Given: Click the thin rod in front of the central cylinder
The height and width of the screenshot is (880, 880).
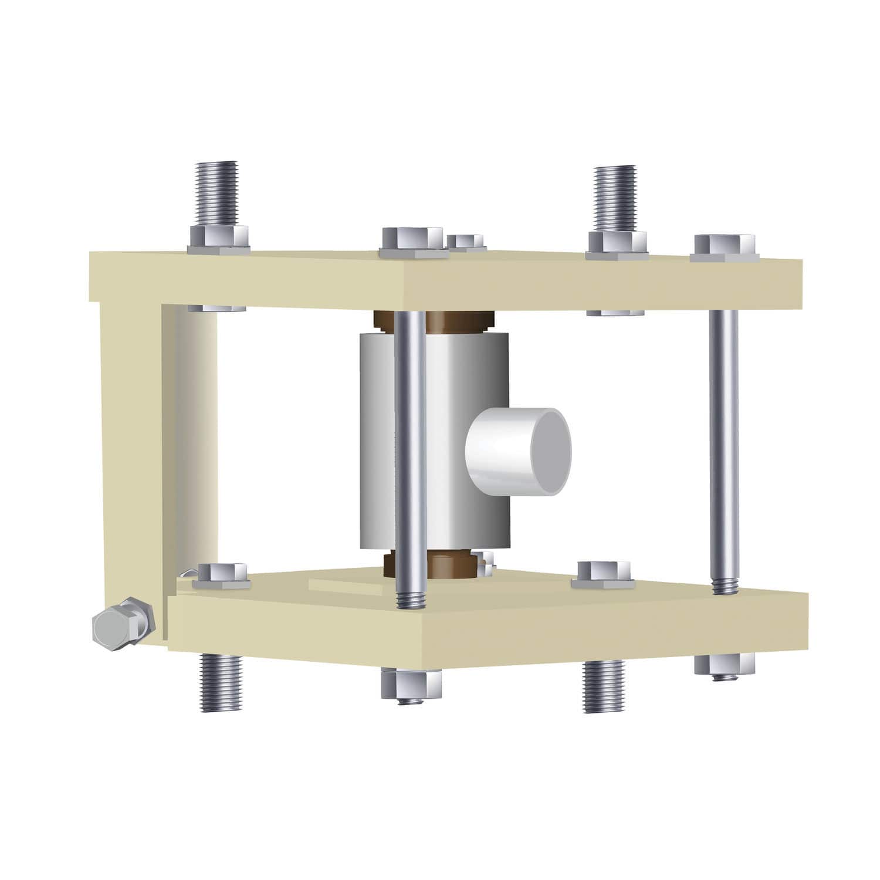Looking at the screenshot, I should [409, 458].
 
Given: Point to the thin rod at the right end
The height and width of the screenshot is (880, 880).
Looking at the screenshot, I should [724, 446].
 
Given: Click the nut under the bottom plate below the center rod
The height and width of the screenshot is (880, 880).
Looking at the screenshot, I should [411, 683].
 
